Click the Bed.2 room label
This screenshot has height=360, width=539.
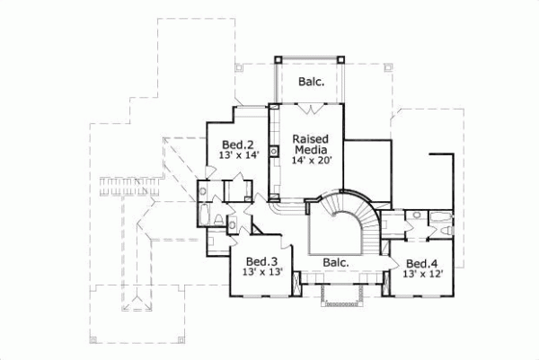click(238, 144)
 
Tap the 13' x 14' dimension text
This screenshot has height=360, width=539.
click(238, 155)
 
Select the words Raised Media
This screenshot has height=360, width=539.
click(310, 145)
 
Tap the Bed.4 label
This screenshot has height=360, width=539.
click(420, 263)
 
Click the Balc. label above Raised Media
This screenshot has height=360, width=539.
click(311, 81)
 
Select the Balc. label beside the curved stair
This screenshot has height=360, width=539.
click(335, 262)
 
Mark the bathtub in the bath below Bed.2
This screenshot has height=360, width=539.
click(205, 215)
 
